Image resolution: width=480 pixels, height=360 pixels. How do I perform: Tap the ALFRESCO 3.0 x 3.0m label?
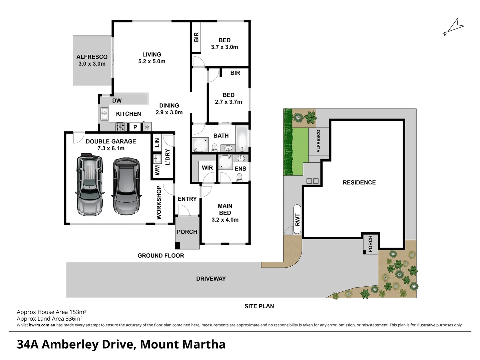(92, 60)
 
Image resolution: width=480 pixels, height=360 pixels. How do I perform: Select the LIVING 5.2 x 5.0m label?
(152, 58)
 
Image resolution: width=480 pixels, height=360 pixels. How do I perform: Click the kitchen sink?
(104, 114)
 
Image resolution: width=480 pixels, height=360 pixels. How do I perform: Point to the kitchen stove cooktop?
(120, 127)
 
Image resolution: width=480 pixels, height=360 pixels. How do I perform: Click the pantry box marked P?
(135, 127)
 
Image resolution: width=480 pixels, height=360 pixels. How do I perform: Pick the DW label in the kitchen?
(117, 101)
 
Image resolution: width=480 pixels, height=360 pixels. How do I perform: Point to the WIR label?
(207, 168)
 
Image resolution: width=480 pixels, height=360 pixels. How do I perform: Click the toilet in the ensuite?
(239, 179)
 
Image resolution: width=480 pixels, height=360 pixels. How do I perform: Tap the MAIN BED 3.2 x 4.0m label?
(225, 213)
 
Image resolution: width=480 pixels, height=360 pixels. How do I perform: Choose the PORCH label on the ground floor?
(187, 232)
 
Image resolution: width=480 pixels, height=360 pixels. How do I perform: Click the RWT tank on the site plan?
(298, 220)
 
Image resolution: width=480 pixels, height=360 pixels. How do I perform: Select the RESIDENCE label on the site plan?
(359, 183)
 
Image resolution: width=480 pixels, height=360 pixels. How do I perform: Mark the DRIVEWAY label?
(211, 279)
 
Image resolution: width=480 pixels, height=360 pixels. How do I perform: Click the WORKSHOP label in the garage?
(159, 202)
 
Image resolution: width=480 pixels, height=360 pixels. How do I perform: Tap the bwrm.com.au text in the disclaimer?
(42, 325)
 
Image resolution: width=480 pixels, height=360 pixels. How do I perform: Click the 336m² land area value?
(74, 319)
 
